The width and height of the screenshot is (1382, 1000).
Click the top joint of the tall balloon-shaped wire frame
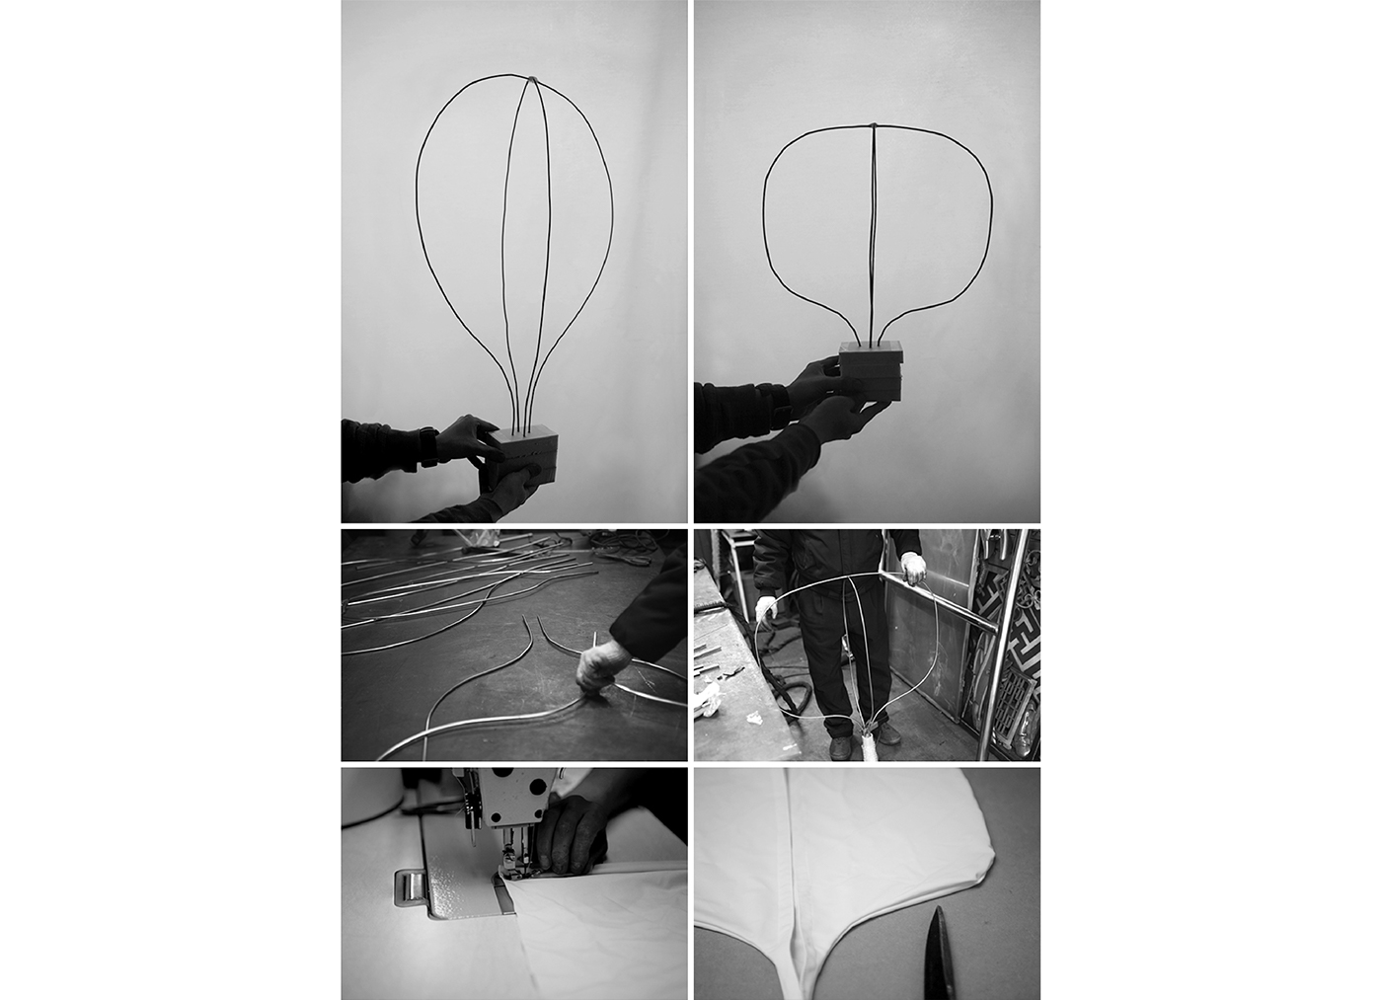530,77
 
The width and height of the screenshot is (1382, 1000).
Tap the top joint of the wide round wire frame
874,125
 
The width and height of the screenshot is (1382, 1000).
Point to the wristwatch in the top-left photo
427,446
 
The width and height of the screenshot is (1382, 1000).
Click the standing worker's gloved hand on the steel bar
914,568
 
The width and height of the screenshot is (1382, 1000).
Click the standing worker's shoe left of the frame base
840,746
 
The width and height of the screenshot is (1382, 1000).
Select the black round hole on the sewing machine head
539,788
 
